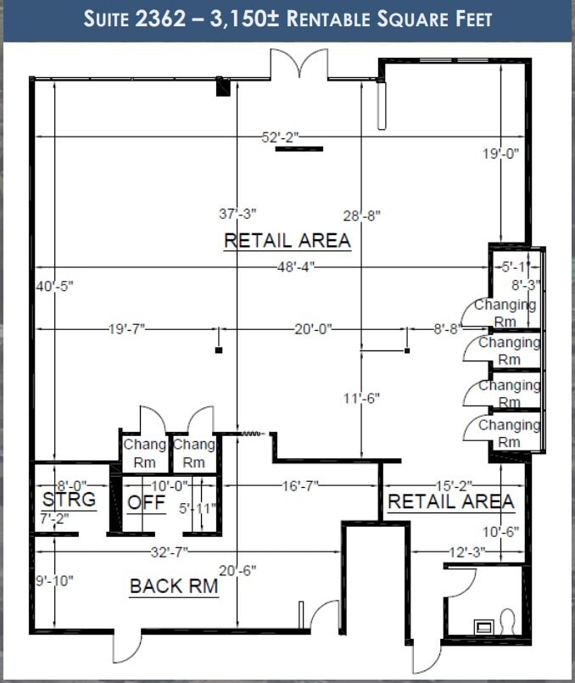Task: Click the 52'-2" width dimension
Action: pos(281,137)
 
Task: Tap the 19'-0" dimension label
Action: pos(501,154)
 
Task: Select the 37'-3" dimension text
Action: pos(237,214)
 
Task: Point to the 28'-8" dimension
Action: pos(362,216)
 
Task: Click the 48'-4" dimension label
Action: pos(296,266)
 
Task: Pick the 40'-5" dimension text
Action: pos(54,286)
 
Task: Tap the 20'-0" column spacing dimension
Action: pos(314,329)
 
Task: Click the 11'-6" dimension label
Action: pos(362,398)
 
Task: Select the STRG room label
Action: pos(70,499)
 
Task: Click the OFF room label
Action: pos(146,503)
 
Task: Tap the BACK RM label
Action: pos(174,586)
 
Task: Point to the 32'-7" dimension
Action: pos(170,551)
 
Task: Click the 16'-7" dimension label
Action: pos(300,485)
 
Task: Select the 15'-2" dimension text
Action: pos(455,485)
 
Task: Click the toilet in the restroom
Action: pos(507,622)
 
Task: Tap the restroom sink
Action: pos(483,627)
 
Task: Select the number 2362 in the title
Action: pos(160,20)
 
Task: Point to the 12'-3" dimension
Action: pos(467,551)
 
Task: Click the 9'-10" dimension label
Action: pos(54,580)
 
